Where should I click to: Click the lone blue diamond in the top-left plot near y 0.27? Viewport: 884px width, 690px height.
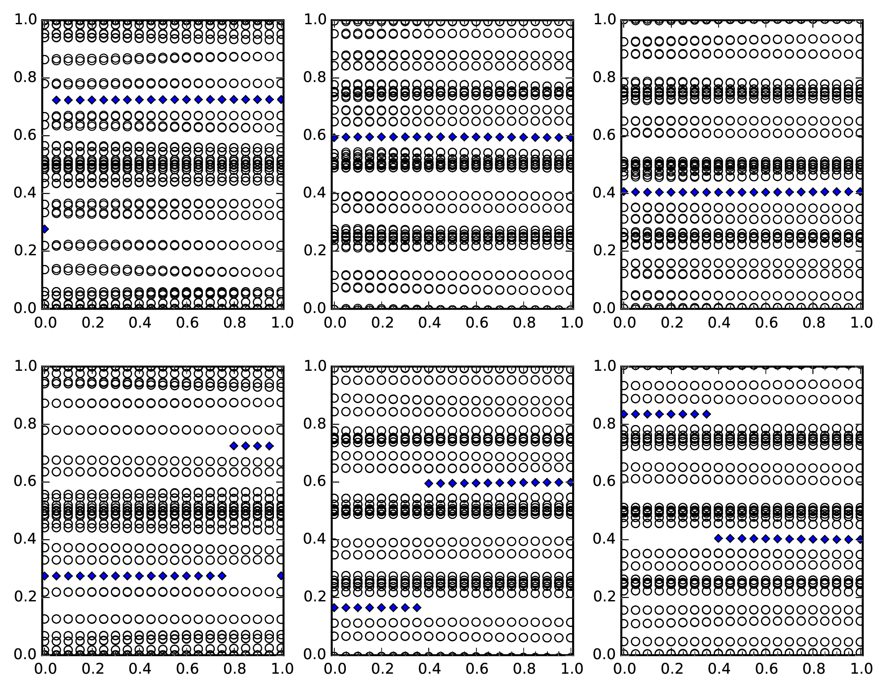tap(45, 229)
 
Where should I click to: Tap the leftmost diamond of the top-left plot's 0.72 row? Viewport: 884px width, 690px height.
tap(56, 100)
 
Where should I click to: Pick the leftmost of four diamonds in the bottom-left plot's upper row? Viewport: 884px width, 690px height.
tap(234, 446)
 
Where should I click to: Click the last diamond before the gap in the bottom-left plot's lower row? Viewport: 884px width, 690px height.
tap(222, 576)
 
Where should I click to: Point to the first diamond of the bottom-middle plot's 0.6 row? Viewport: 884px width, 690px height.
tap(428, 483)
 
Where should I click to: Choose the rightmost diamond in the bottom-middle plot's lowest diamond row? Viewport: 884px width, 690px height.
tap(417, 608)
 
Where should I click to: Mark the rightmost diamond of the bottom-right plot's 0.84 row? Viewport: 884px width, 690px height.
tap(707, 414)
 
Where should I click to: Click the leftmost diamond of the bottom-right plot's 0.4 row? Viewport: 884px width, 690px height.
tap(718, 538)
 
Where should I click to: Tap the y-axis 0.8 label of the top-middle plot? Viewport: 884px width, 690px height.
tap(315, 78)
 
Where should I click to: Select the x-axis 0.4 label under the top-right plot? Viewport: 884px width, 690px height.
tap(718, 323)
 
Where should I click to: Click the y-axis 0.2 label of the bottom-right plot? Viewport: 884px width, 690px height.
tap(604, 597)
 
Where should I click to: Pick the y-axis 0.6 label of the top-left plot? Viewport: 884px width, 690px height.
tap(25, 135)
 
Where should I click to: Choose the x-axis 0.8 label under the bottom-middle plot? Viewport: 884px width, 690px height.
tap(524, 669)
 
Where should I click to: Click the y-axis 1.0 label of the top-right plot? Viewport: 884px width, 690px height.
tap(604, 20)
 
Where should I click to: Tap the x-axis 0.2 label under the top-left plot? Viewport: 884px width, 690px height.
tap(92, 323)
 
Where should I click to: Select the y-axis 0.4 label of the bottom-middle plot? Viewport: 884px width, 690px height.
tap(315, 539)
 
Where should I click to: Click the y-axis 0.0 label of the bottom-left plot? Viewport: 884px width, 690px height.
tap(25, 654)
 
